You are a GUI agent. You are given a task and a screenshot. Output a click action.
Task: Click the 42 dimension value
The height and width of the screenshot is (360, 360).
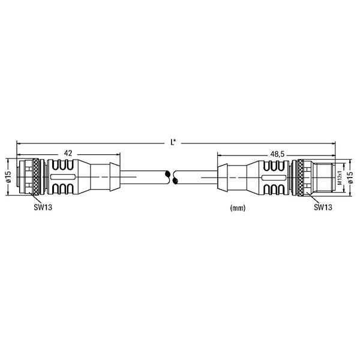(x=68, y=153)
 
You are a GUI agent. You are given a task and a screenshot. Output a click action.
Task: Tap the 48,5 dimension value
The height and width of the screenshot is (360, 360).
(x=277, y=154)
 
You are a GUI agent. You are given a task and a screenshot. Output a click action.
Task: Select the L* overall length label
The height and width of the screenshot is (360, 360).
(x=173, y=142)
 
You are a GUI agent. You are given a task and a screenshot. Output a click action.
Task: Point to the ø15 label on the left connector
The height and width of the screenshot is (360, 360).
(x=9, y=177)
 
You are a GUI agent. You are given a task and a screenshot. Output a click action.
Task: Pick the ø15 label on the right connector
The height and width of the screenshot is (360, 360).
(x=350, y=178)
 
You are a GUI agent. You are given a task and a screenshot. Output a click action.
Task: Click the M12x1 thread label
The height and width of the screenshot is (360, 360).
(x=340, y=178)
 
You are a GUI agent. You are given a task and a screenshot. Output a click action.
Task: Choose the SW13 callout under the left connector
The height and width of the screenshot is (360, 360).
(x=43, y=208)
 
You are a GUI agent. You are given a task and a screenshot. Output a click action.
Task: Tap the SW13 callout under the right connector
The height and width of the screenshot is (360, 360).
(x=323, y=208)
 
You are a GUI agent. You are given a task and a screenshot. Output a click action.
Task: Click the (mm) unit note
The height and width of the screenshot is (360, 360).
(x=238, y=208)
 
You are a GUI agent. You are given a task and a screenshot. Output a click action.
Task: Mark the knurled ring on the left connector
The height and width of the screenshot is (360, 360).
(x=36, y=177)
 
